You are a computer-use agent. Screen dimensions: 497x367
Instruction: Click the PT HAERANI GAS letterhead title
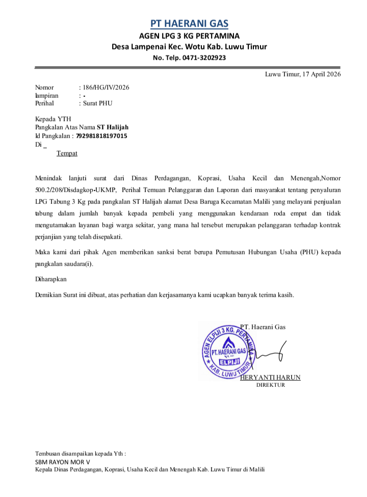tap(189, 23)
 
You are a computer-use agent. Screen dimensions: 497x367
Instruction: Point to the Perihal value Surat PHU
tap(97, 103)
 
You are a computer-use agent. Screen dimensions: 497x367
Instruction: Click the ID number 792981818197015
tap(102, 136)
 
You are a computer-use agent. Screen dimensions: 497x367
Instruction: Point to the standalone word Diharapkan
tap(50, 279)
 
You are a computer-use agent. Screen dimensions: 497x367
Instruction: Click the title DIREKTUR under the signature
tap(270, 385)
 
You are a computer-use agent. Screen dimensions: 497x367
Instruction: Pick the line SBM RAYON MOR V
tap(62, 461)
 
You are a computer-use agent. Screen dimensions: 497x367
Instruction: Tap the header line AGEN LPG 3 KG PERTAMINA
tap(189, 36)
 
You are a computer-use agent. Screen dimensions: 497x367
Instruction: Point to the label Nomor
tap(44, 87)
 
